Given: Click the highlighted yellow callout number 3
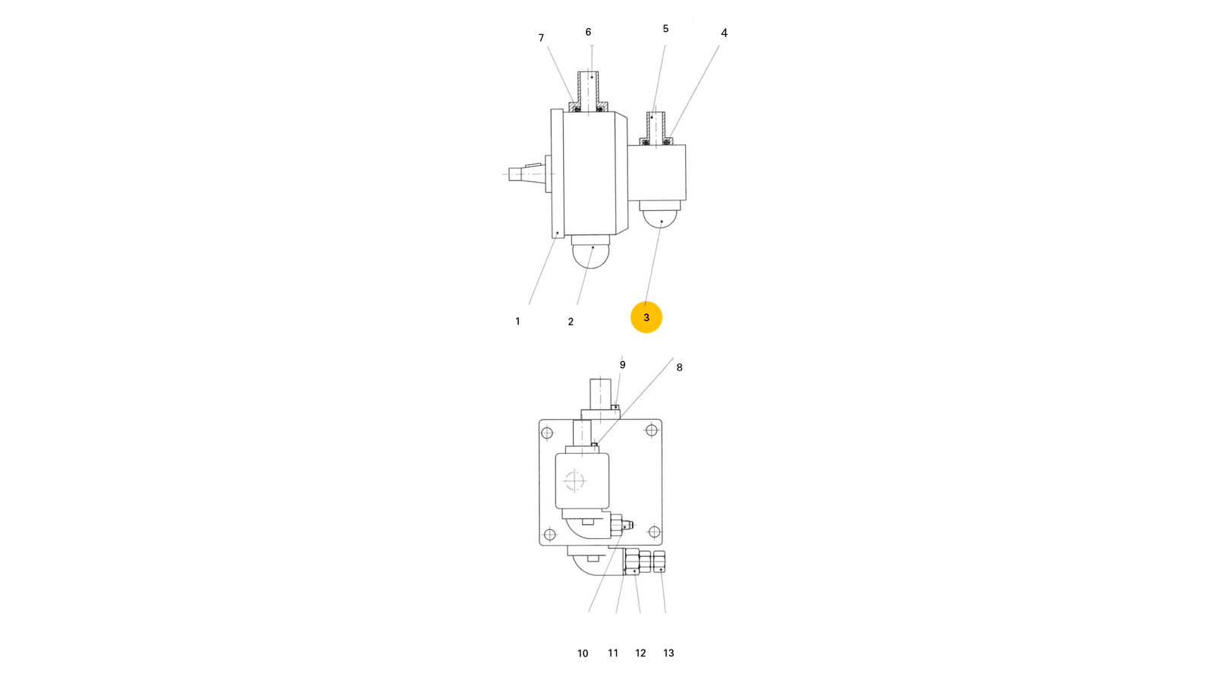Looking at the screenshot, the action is tap(646, 317).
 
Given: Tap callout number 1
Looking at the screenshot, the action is tap(517, 322).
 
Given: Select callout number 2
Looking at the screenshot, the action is tap(571, 322).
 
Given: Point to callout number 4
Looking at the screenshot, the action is tap(724, 33).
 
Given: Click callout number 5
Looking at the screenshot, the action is tap(665, 29).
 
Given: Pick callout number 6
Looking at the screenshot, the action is tap(588, 33).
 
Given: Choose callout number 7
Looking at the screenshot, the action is tap(541, 38).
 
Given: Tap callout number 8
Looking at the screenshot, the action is tap(680, 367).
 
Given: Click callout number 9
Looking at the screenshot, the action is tap(623, 365).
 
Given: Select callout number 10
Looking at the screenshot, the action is tap(583, 653).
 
